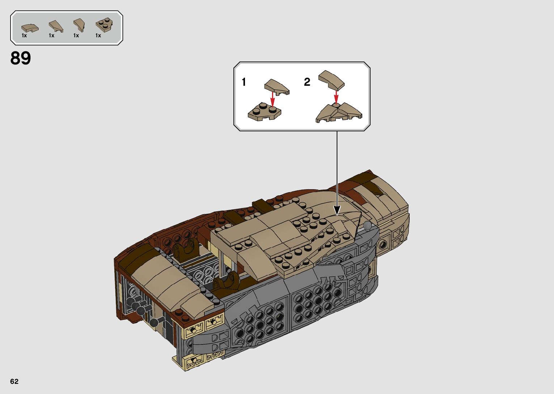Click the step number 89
coord(21,58)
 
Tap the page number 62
coord(14,381)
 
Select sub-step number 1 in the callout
coord(244,82)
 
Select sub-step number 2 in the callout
coord(307,82)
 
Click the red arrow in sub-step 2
coord(336,97)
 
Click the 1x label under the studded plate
coord(98,35)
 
